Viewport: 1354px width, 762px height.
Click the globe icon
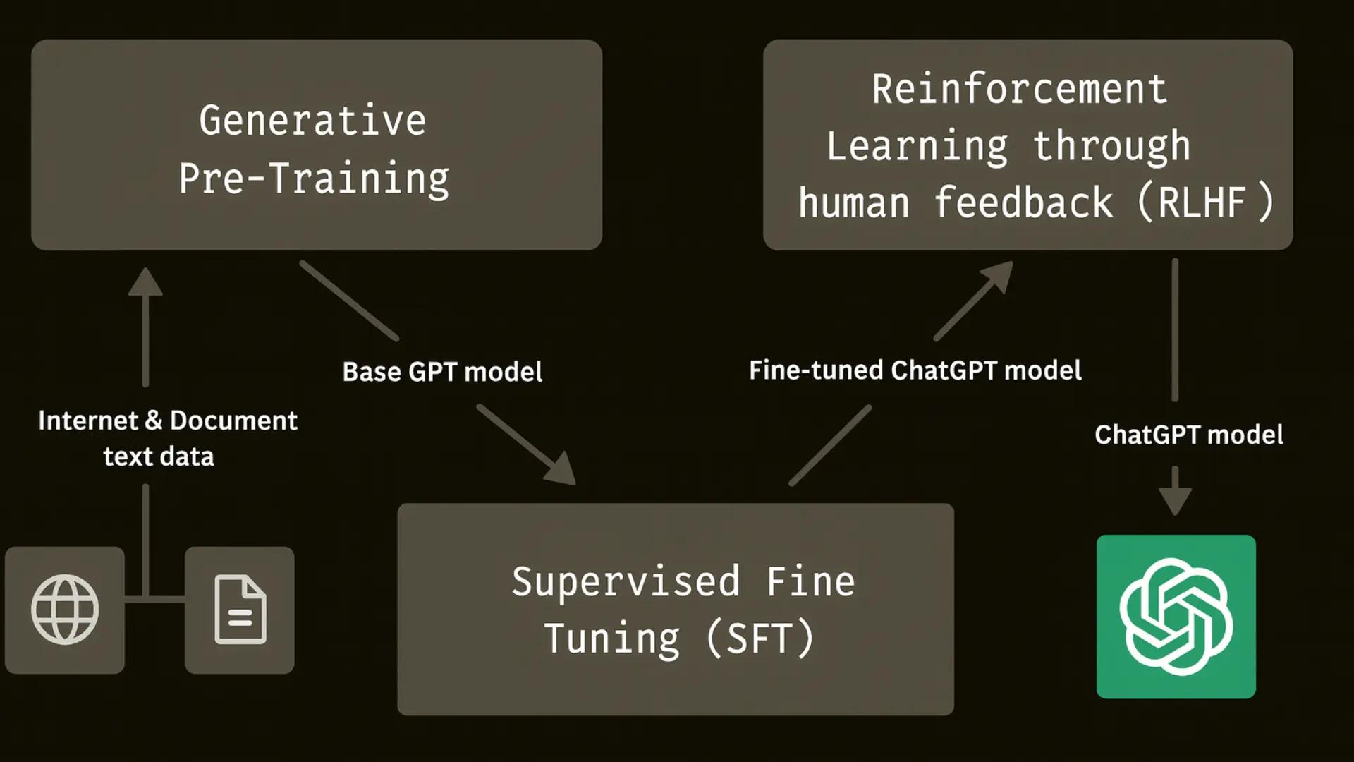pos(65,610)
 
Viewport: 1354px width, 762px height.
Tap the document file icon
pos(240,610)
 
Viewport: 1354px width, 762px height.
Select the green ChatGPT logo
pos(1176,617)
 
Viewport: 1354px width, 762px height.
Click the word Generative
pos(312,121)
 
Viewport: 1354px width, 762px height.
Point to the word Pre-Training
pos(314,179)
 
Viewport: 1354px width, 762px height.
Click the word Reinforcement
pos(1020,90)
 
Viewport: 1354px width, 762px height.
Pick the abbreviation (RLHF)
pos(1205,202)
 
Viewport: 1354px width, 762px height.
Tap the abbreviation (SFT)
pos(760,639)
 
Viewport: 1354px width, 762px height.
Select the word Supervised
pos(626,582)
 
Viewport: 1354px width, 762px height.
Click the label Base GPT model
pos(442,372)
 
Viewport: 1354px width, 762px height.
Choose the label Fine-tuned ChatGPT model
pos(915,370)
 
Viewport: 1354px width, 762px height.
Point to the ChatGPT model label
pos(1188,435)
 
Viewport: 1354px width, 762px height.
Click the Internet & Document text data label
pos(167,438)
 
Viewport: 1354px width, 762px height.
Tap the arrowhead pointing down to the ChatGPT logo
pos(1175,500)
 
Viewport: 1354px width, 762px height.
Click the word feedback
pos(1023,202)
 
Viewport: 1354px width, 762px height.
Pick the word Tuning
pos(612,639)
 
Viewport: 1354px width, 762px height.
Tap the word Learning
pos(917,146)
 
